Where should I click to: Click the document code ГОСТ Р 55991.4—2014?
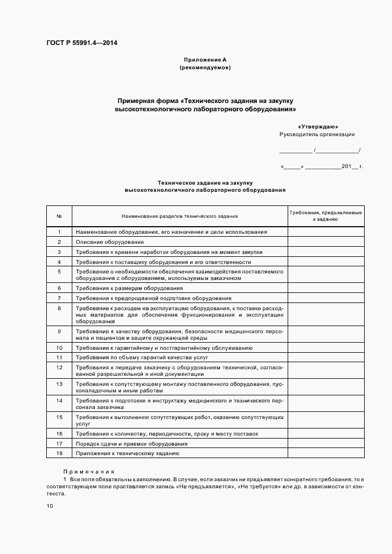[85, 42]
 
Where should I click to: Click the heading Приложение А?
[205, 60]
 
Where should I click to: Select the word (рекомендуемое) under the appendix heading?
[205, 67]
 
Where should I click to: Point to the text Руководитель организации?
[317, 134]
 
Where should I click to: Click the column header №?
[59, 215]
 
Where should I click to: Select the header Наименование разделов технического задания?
[179, 215]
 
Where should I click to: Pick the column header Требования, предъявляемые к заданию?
[326, 215]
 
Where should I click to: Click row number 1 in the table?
[59, 232]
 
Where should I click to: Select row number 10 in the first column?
[59, 348]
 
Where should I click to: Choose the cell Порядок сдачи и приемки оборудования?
[131, 443]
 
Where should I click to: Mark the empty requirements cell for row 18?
[326, 453]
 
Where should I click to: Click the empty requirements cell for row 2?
[326, 242]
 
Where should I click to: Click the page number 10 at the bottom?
[50, 506]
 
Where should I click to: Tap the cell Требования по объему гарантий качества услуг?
[141, 357]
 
